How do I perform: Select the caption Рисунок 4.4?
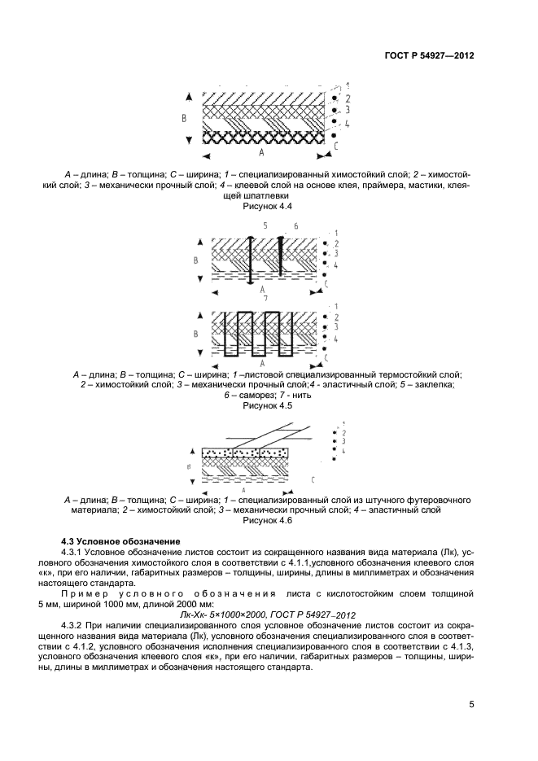[268, 208]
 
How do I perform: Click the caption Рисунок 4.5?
[268, 405]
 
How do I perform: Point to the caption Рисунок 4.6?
[268, 521]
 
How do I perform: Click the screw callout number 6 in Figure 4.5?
[295, 225]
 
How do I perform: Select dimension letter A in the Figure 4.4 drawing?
[260, 152]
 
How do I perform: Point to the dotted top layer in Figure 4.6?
[244, 452]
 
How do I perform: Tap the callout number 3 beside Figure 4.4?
[347, 109]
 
